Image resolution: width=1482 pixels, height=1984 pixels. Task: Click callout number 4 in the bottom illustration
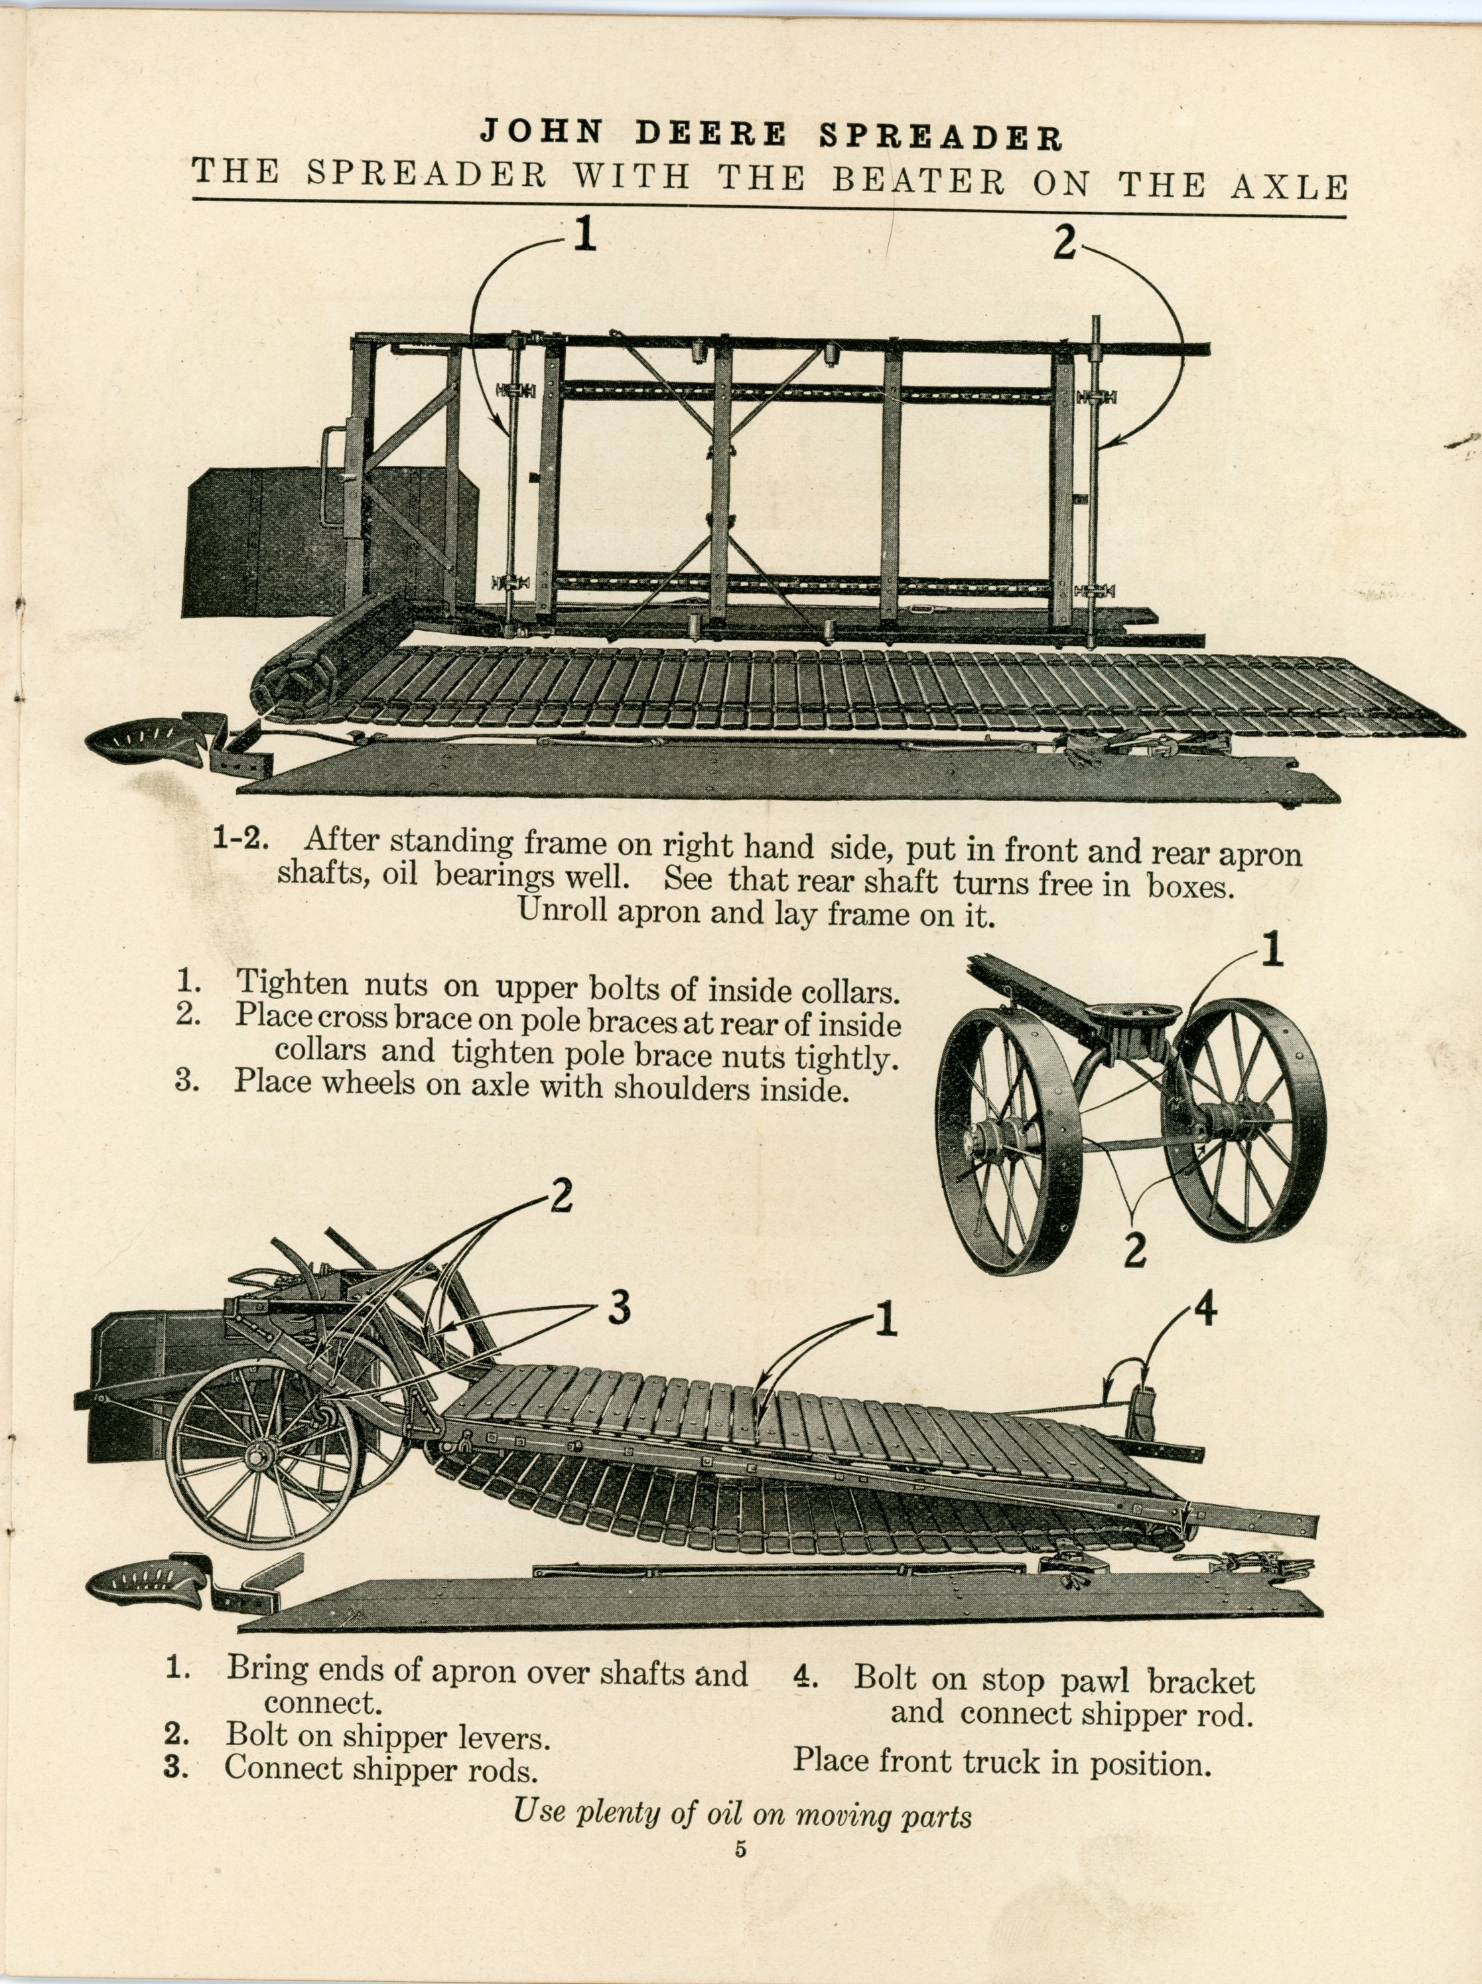tap(1207, 1312)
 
